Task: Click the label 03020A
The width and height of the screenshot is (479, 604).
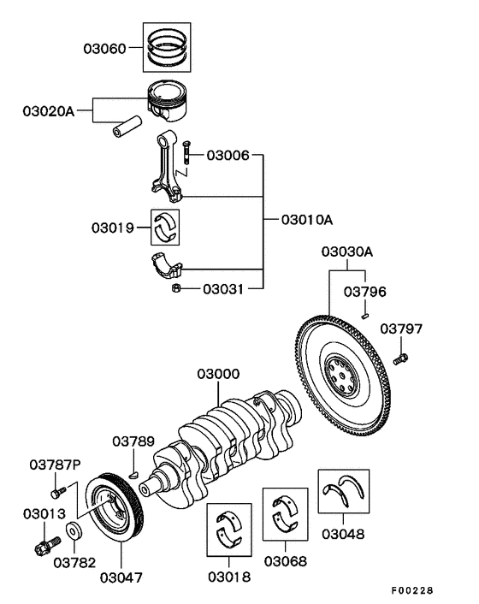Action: tap(50, 110)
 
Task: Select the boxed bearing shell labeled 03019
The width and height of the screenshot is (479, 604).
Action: tap(166, 226)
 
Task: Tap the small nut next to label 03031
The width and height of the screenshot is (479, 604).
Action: tap(174, 289)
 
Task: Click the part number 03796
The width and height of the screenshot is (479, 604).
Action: tap(365, 292)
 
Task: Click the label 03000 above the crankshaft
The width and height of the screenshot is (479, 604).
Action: tap(218, 374)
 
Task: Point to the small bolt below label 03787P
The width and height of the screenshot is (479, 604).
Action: tap(57, 492)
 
